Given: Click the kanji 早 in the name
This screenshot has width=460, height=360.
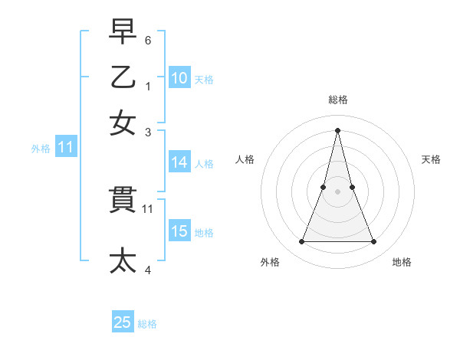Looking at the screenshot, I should pos(123,32).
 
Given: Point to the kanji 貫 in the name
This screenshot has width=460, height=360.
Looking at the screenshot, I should pos(123,201).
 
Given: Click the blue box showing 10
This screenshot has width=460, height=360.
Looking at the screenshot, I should pos(179,78).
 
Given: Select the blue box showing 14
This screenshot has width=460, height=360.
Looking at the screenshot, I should pos(179,162).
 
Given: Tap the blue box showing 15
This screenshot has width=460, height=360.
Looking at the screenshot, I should pos(179,231).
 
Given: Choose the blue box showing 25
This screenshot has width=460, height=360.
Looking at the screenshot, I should pos(123,322).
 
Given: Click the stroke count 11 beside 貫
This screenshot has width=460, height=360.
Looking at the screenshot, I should pos(148,208).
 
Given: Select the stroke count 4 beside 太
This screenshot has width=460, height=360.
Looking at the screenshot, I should pos(148,269).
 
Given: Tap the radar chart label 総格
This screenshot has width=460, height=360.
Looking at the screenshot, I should pos(338,100).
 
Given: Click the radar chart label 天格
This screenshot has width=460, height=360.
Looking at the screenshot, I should pos(431,159).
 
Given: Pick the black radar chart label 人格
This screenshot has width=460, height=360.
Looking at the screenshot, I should pos(245,159).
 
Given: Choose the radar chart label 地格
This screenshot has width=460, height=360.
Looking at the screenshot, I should pos(402,262).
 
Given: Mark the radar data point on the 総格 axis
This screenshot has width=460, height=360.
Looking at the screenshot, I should pos(338,130).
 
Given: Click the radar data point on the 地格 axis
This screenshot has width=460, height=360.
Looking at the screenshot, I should pos(374,242).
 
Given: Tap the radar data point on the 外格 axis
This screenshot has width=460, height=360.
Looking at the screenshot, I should pos(301,242).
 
